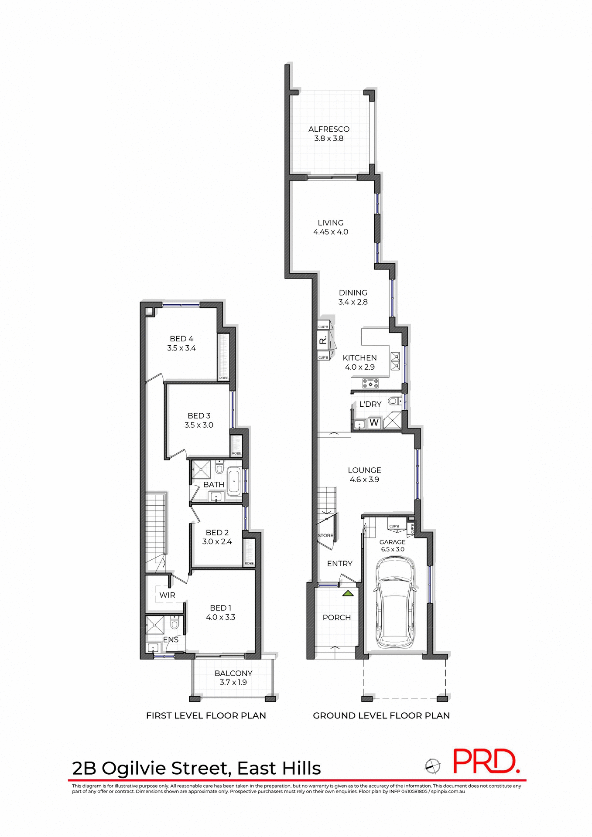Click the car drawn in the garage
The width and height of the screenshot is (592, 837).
394,604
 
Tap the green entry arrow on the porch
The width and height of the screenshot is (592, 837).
348,593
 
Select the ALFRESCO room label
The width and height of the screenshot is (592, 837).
329,129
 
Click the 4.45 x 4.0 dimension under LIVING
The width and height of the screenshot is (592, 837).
331,232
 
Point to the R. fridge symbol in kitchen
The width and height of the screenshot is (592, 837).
323,341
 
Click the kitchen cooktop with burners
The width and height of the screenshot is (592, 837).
370,383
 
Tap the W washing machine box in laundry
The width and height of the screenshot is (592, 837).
374,422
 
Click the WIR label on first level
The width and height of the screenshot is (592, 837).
167,595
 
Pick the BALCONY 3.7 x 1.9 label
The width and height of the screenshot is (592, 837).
233,677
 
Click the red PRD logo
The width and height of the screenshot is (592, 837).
485,761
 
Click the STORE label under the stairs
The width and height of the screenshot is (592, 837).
325,535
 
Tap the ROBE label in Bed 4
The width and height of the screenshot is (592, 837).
224,378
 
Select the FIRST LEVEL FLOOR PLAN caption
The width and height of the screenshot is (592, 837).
206,715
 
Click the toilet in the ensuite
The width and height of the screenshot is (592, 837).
175,624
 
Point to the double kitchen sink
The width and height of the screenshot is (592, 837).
395,361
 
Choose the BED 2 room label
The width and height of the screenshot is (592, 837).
217,532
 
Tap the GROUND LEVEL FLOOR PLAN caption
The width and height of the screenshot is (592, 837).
381,715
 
